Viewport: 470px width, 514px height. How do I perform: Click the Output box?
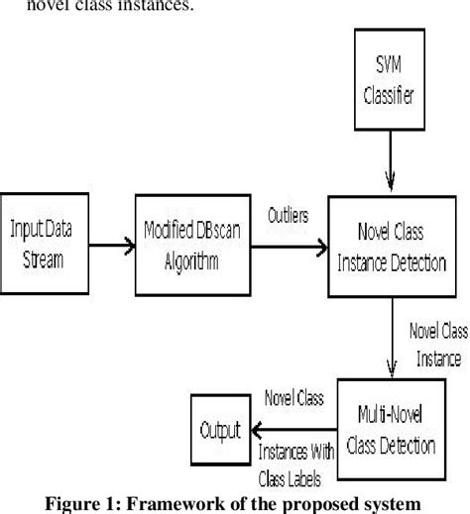pos(219,430)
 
